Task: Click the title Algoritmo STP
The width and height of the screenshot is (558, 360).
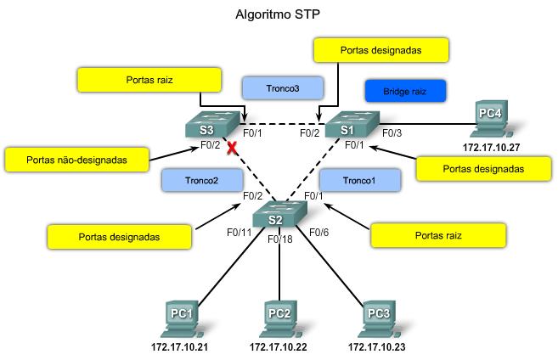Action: pos(279,14)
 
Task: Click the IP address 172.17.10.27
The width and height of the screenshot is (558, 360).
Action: pos(490,147)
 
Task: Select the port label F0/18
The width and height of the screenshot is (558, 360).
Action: pos(279,240)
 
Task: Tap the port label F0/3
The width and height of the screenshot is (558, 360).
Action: pos(392,132)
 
